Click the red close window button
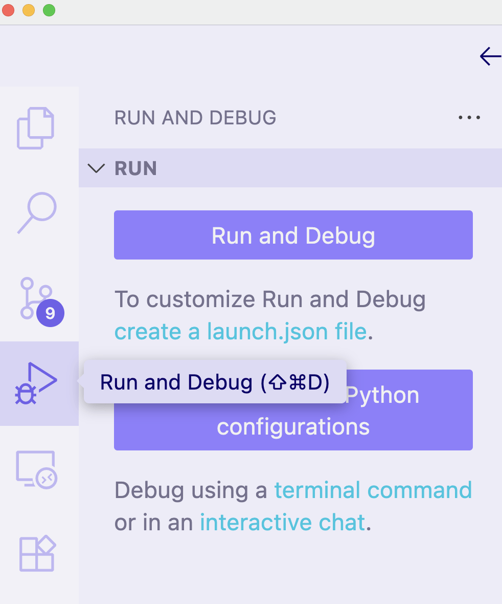9,10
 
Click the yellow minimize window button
29,10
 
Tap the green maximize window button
49,10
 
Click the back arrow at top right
490,56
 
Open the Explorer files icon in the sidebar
35,128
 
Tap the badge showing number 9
50,313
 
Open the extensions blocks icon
37,553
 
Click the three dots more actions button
469,118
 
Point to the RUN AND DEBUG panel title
195,118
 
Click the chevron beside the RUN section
96,168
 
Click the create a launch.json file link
240,332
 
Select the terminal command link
373,490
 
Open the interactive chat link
282,523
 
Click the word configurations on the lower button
293,427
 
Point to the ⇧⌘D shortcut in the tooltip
294,382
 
